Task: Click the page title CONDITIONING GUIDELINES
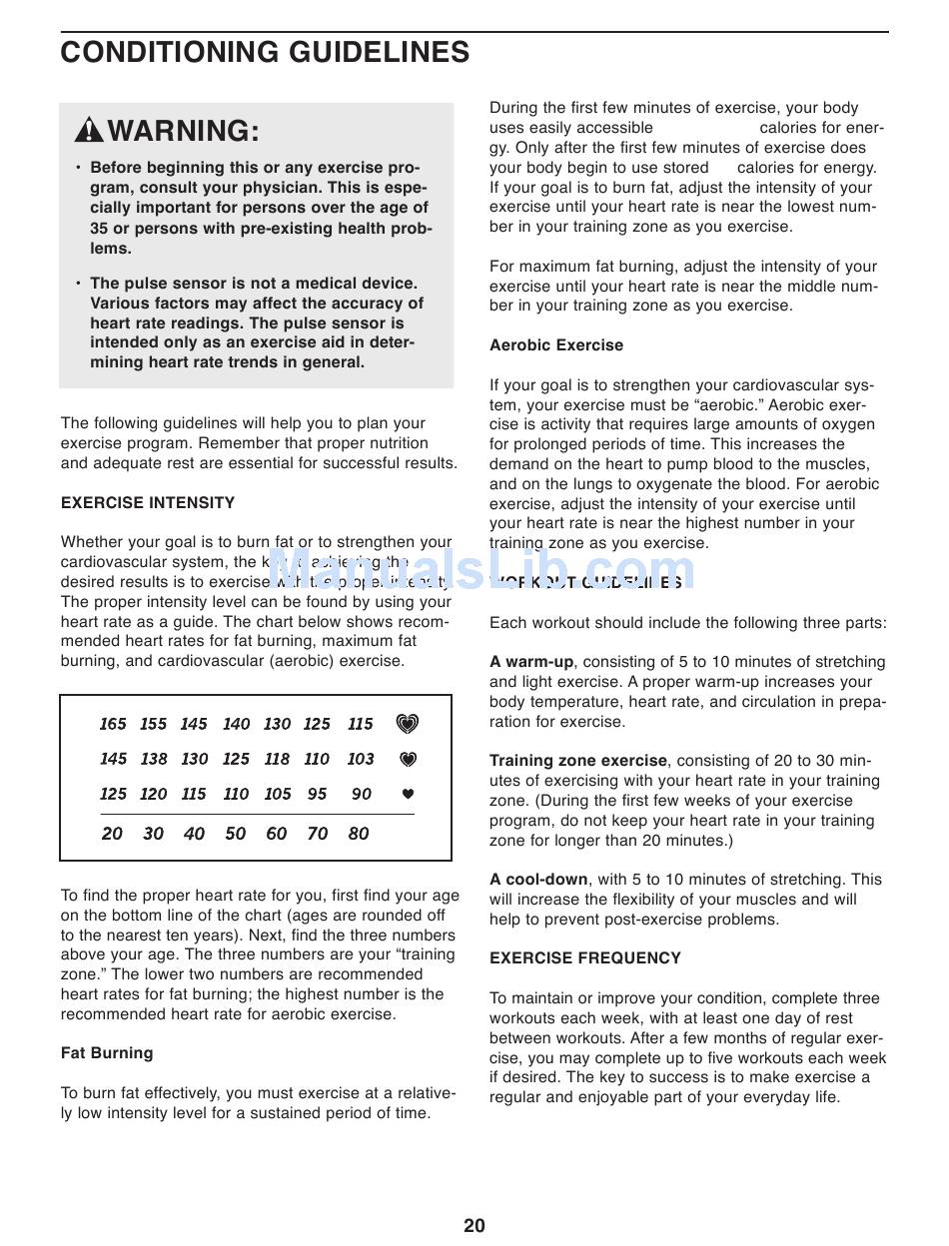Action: [265, 52]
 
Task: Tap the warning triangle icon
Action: [89, 131]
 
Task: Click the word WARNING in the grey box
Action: [183, 131]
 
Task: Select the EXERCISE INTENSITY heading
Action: [148, 503]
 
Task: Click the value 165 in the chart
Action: [113, 724]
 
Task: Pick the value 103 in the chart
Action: [361, 759]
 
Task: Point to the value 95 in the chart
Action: [318, 794]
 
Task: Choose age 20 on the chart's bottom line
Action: [112, 834]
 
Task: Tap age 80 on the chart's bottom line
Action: [359, 834]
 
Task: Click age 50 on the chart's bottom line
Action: [236, 834]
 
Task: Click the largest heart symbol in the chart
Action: [407, 724]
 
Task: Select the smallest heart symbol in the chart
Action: [407, 794]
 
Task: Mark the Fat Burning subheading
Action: [107, 1053]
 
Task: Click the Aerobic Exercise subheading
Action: [556, 345]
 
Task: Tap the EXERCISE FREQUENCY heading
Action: [585, 958]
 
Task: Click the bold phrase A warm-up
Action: [531, 662]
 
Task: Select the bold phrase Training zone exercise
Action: [578, 761]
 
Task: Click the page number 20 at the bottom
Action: [474, 1226]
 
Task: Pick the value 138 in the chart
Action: [154, 759]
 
